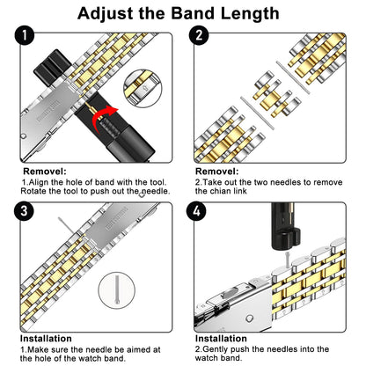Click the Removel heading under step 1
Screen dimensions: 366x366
click(x=43, y=172)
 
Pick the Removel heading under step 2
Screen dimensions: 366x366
click(x=217, y=172)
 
